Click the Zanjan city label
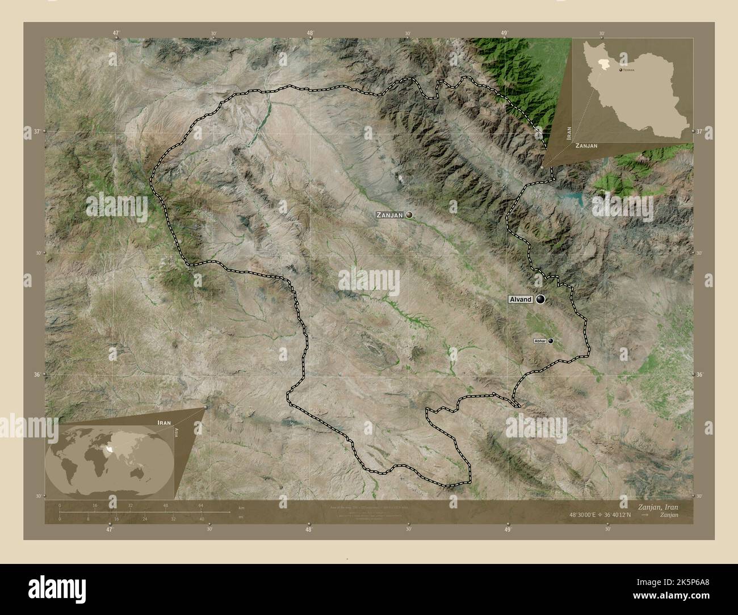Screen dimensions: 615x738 click(x=389, y=216)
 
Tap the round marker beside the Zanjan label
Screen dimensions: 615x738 click(x=408, y=215)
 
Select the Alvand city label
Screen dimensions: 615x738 click(x=520, y=300)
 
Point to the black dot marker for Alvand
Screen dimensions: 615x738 click(x=540, y=299)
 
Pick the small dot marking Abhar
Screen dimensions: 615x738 click(x=550, y=341)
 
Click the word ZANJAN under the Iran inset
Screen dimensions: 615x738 click(x=586, y=146)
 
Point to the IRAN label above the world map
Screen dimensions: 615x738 click(x=163, y=423)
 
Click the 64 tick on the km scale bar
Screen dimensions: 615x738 click(x=200, y=505)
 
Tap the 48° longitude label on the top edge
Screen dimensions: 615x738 click(x=310, y=33)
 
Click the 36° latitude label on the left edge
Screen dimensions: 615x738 click(x=37, y=374)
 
